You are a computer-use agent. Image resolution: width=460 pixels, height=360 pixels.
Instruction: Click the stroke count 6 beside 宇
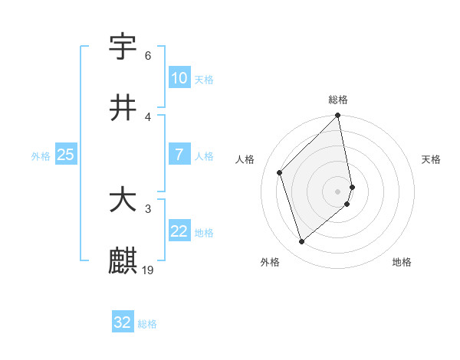point(148,56)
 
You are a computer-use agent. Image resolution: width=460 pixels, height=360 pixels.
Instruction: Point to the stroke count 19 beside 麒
point(149,270)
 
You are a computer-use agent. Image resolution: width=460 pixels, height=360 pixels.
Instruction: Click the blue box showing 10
point(179,78)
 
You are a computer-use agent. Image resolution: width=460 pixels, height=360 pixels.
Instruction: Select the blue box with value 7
point(179,155)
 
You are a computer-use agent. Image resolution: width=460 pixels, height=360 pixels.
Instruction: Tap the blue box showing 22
point(179,231)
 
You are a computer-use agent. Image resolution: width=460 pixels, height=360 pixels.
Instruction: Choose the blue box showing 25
point(66,155)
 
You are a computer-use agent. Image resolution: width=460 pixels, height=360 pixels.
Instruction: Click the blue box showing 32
point(123,322)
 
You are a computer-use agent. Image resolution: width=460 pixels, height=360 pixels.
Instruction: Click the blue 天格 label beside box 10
point(204,79)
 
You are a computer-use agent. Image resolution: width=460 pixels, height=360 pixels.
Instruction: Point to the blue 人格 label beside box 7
point(204,155)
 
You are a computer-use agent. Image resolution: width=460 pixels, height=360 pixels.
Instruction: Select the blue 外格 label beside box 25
point(41,155)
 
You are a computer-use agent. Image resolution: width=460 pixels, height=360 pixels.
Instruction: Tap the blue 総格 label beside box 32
point(147,323)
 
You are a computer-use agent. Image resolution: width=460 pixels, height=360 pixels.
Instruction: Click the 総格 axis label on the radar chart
point(338,100)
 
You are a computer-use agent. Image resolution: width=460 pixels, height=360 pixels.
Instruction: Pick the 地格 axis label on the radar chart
point(402,262)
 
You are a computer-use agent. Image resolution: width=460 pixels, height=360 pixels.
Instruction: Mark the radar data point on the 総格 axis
point(338,116)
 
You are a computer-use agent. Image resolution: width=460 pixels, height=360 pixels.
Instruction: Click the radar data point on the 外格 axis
point(302,242)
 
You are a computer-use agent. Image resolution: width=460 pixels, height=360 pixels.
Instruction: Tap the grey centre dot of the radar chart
point(338,191)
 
